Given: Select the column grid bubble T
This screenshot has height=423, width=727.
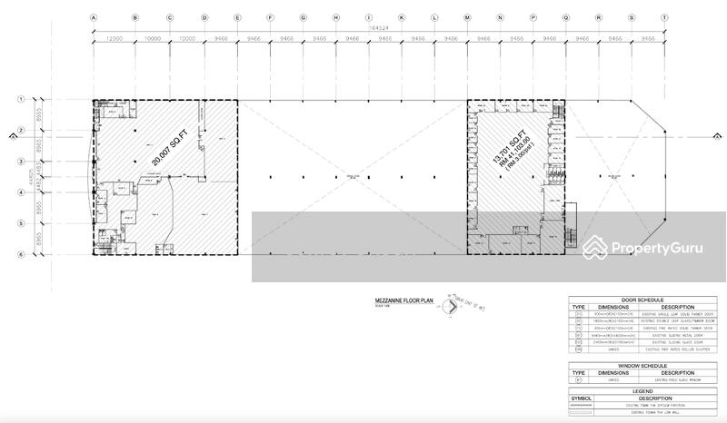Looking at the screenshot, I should (x=664, y=17).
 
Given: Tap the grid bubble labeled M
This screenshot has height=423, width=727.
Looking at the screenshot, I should (x=467, y=17).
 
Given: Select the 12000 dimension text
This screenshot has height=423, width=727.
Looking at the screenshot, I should (x=113, y=39).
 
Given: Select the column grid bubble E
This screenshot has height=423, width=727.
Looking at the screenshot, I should (x=237, y=17).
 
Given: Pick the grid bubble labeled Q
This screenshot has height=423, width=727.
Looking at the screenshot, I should (x=566, y=17).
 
